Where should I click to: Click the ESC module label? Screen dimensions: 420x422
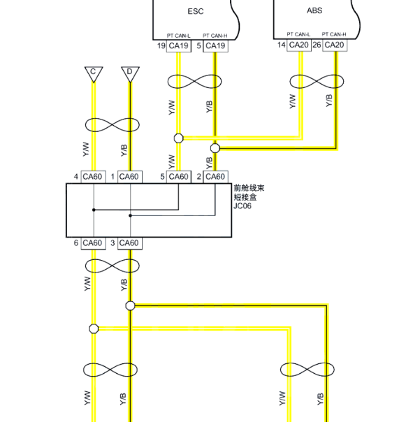pyautogui.click(x=196, y=11)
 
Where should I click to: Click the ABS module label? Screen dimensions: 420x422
pyautogui.click(x=314, y=10)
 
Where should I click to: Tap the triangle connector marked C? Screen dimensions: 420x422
pyautogui.click(x=94, y=74)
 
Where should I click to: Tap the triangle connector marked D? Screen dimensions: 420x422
pyautogui.click(x=130, y=74)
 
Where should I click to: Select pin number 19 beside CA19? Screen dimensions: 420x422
pyautogui.click(x=161, y=45)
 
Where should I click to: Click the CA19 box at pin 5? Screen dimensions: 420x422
pyautogui.click(x=215, y=45)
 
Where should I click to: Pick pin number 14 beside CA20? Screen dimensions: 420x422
pyautogui.click(x=282, y=45)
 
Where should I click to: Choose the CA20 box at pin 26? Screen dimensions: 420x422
pyautogui.click(x=334, y=45)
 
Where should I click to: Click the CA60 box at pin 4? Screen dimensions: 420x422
pyautogui.click(x=93, y=177)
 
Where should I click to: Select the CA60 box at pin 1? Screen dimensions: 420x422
pyautogui.click(x=130, y=177)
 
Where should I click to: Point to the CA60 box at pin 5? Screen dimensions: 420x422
pyautogui.click(x=179, y=177)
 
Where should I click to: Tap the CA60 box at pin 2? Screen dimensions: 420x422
pyautogui.click(x=215, y=177)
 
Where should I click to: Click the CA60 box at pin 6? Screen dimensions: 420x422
pyautogui.click(x=93, y=243)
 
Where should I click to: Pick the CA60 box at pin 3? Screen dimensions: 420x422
pyautogui.click(x=130, y=243)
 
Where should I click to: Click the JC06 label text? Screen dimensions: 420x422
pyautogui.click(x=242, y=206)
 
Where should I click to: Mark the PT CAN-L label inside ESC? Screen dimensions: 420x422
pyautogui.click(x=178, y=36)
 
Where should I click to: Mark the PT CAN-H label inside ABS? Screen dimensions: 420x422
pyautogui.click(x=334, y=34)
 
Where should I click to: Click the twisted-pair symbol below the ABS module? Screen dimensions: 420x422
pyautogui.click(x=317, y=81)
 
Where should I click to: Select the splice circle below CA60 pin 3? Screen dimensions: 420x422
pyautogui.click(x=130, y=306)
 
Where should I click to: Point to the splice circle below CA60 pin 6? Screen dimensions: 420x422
pyautogui.click(x=94, y=328)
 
